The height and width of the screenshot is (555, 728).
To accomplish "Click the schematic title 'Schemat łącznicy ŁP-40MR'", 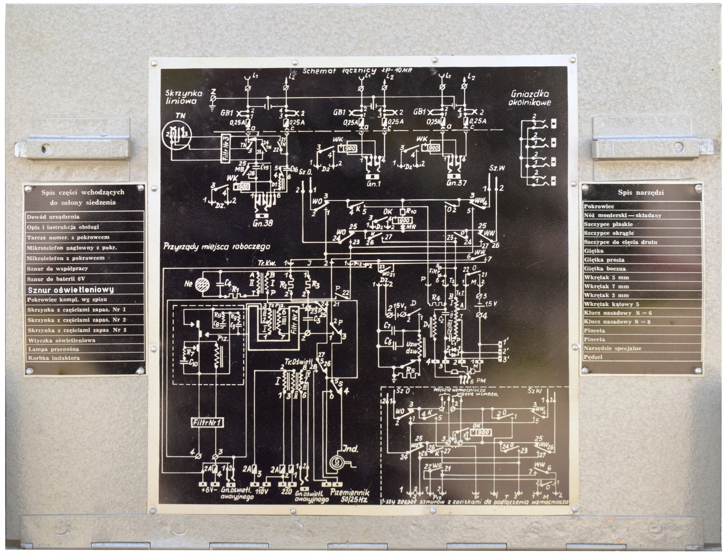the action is tap(357, 71).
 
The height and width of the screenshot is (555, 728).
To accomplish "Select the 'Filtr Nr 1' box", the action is tap(208, 423).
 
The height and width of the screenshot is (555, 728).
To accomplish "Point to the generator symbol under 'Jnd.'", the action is tap(337, 462).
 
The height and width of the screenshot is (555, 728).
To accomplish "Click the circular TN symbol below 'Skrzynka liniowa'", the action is tap(175, 134).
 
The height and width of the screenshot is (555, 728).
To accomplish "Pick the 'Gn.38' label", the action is tap(263, 223).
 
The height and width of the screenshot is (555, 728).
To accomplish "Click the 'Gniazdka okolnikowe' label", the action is tap(529, 98).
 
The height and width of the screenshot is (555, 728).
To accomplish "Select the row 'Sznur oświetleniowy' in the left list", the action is tap(71, 290).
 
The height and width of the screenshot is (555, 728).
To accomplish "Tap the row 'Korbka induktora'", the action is tap(54, 358).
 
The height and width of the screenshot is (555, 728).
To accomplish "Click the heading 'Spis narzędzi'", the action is tap(641, 192).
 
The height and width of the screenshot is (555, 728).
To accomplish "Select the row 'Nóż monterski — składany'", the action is tap(622, 215).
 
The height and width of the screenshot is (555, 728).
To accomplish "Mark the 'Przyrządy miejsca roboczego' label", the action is tap(216, 246).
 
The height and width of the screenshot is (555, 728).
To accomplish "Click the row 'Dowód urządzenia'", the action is tap(53, 217).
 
